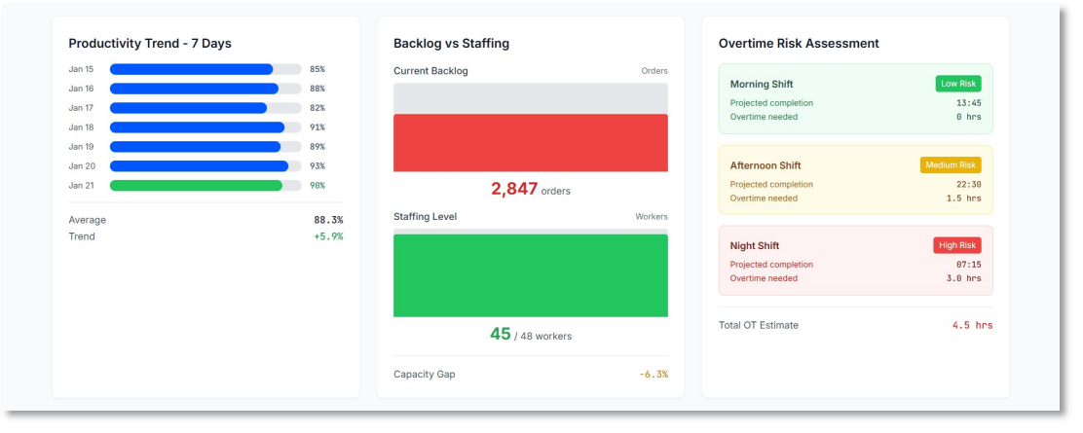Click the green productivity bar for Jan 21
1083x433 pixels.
pos(196,185)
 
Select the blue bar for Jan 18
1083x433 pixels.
pos(197,127)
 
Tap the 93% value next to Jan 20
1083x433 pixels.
pos(317,166)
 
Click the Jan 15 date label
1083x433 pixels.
pos(81,69)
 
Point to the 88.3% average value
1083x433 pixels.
pos(327,220)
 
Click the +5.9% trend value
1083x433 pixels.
pos(327,236)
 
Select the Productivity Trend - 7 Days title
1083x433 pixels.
pos(150,44)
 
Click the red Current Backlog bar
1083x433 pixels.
pos(530,143)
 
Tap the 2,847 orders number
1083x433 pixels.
pos(514,189)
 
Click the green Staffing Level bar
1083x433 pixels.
pos(530,275)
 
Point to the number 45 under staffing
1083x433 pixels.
pos(501,334)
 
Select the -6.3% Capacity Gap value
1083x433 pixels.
pos(653,375)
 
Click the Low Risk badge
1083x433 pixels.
pos(957,84)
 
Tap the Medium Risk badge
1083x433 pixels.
pos(950,165)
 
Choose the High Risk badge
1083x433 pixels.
pos(956,245)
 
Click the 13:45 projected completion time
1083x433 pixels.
pos(968,103)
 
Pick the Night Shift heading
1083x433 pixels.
pos(755,246)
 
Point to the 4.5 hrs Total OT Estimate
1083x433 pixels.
pos(972,325)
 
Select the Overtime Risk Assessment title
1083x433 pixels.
pos(799,44)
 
